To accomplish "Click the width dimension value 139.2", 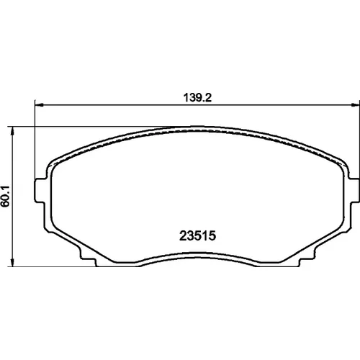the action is click(x=197, y=98).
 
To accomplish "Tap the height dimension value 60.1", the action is click(x=5, y=196).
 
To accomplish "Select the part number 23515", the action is click(x=198, y=235).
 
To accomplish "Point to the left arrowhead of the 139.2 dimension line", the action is click(x=39, y=104).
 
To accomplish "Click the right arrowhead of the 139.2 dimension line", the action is click(x=356, y=104).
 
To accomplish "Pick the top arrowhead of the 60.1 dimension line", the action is click(x=12, y=131).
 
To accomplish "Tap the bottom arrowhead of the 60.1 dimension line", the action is click(x=12, y=262).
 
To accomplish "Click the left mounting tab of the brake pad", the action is click(x=40, y=191).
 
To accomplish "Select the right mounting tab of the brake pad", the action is click(x=354, y=191).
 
